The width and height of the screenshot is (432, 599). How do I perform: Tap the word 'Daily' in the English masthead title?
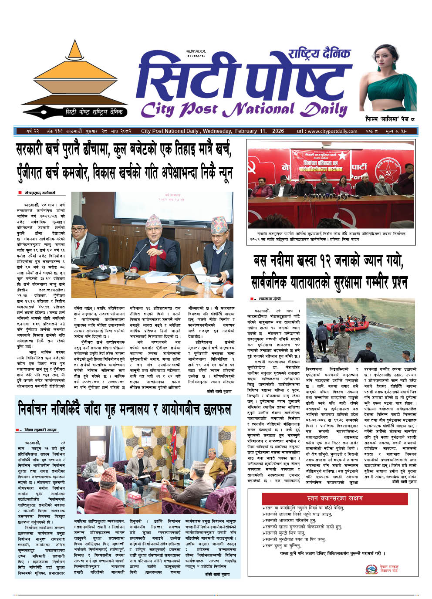pos(325,109)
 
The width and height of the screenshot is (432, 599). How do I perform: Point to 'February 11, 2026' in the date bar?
pos(260,131)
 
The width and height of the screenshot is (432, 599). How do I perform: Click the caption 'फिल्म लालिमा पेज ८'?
pos(390,119)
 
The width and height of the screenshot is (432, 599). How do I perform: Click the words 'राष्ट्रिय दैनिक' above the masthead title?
pos(319,54)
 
